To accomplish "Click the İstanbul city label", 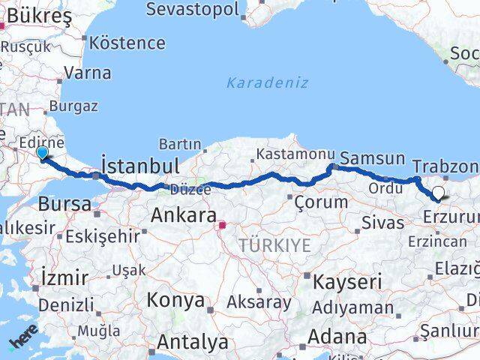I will click(139, 166).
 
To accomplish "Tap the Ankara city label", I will click(184, 215).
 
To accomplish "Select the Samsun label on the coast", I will click(372, 159).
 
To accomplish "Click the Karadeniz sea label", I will click(267, 82).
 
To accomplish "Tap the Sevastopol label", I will click(193, 10).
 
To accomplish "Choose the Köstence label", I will click(132, 43).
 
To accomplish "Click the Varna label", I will click(88, 73).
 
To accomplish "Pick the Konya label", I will click(175, 301).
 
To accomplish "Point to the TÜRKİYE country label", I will click(274, 245).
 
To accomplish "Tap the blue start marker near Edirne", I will click(43, 152).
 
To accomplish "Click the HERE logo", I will click(22, 341).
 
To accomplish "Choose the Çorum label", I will click(321, 202).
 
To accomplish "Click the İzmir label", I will click(64, 277).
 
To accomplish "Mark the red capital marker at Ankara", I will click(222, 224).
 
